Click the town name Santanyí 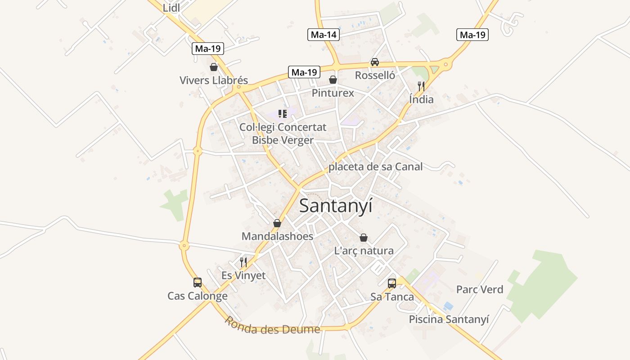pyautogui.click(x=336, y=206)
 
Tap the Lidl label pyautogui.click(x=171, y=8)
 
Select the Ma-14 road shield pyautogui.click(x=323, y=35)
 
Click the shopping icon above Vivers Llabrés pyautogui.click(x=214, y=67)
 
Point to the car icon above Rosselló pyautogui.click(x=374, y=62)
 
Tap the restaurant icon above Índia pyautogui.click(x=421, y=86)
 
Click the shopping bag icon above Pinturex pyautogui.click(x=333, y=80)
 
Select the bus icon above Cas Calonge pyautogui.click(x=198, y=283)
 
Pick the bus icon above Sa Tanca pyautogui.click(x=392, y=283)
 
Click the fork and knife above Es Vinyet pyautogui.click(x=243, y=262)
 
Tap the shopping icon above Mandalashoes pyautogui.click(x=277, y=223)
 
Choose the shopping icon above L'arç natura pyautogui.click(x=364, y=238)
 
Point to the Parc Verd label pyautogui.click(x=480, y=289)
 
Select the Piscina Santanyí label pyautogui.click(x=449, y=319)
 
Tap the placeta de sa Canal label pyautogui.click(x=375, y=167)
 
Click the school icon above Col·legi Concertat pyautogui.click(x=283, y=113)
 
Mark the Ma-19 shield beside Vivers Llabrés pyautogui.click(x=208, y=49)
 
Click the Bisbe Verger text pyautogui.click(x=283, y=140)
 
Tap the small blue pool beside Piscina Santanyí pyautogui.click(x=448, y=306)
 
